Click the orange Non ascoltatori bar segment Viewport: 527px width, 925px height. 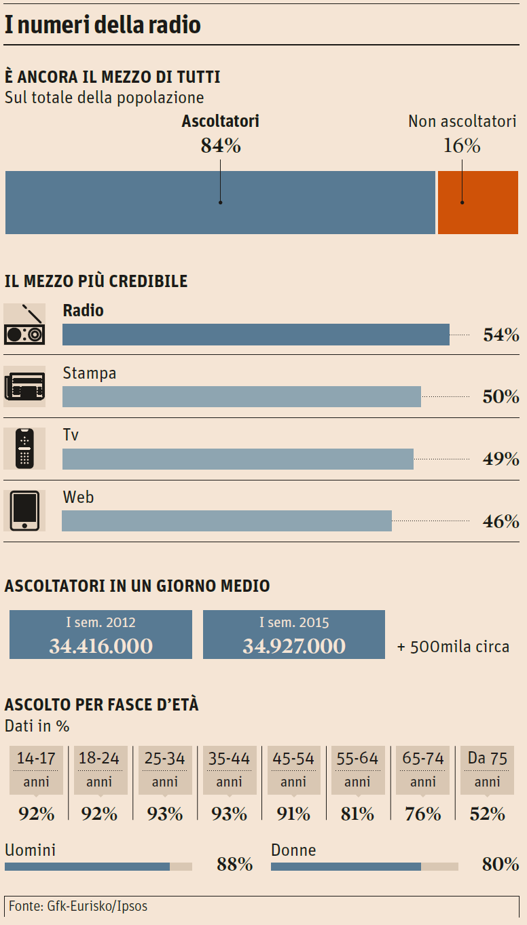coord(478,202)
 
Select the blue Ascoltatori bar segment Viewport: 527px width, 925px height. coord(220,202)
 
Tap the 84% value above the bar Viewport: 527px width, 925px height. coord(221,146)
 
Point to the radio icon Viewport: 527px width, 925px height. coord(24,324)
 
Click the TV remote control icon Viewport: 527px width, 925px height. coord(24,449)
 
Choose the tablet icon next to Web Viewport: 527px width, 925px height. coord(24,510)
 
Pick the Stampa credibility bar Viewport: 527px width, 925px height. coord(241,396)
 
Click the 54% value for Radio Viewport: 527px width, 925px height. coord(501,335)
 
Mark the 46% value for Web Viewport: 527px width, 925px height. coord(501,521)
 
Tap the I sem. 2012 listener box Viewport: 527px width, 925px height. coord(101,635)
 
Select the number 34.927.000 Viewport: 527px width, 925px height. coord(294,646)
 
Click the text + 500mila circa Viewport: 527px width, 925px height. coord(453,646)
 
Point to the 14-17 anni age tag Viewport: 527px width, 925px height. coord(36,770)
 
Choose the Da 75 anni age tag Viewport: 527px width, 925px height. coord(488,770)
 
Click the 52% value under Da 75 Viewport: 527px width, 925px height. coord(488,813)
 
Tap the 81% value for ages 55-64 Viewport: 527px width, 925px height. coord(357,813)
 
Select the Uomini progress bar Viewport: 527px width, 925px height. coord(98,867)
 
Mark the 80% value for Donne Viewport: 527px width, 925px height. coord(501,864)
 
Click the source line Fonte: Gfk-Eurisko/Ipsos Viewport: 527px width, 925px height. coord(78,906)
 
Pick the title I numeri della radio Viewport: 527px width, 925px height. coord(103,25)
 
